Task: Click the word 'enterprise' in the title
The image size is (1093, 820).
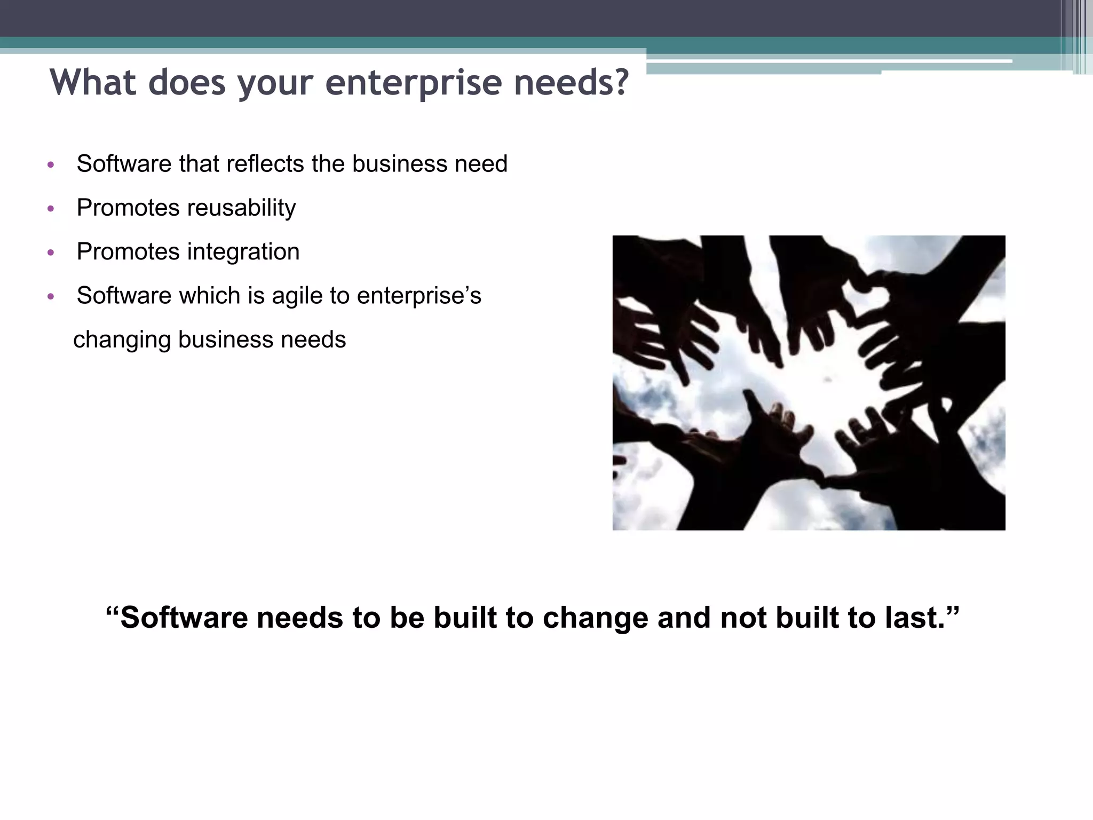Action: [413, 83]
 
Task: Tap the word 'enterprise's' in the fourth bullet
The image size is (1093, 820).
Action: [419, 296]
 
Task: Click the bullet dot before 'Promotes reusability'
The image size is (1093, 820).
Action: [51, 209]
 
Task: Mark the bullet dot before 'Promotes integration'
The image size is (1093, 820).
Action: [51, 253]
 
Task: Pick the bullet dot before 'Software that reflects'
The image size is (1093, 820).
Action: [51, 165]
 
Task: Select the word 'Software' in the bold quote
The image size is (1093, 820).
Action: [185, 618]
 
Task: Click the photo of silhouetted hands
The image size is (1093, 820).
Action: [809, 383]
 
